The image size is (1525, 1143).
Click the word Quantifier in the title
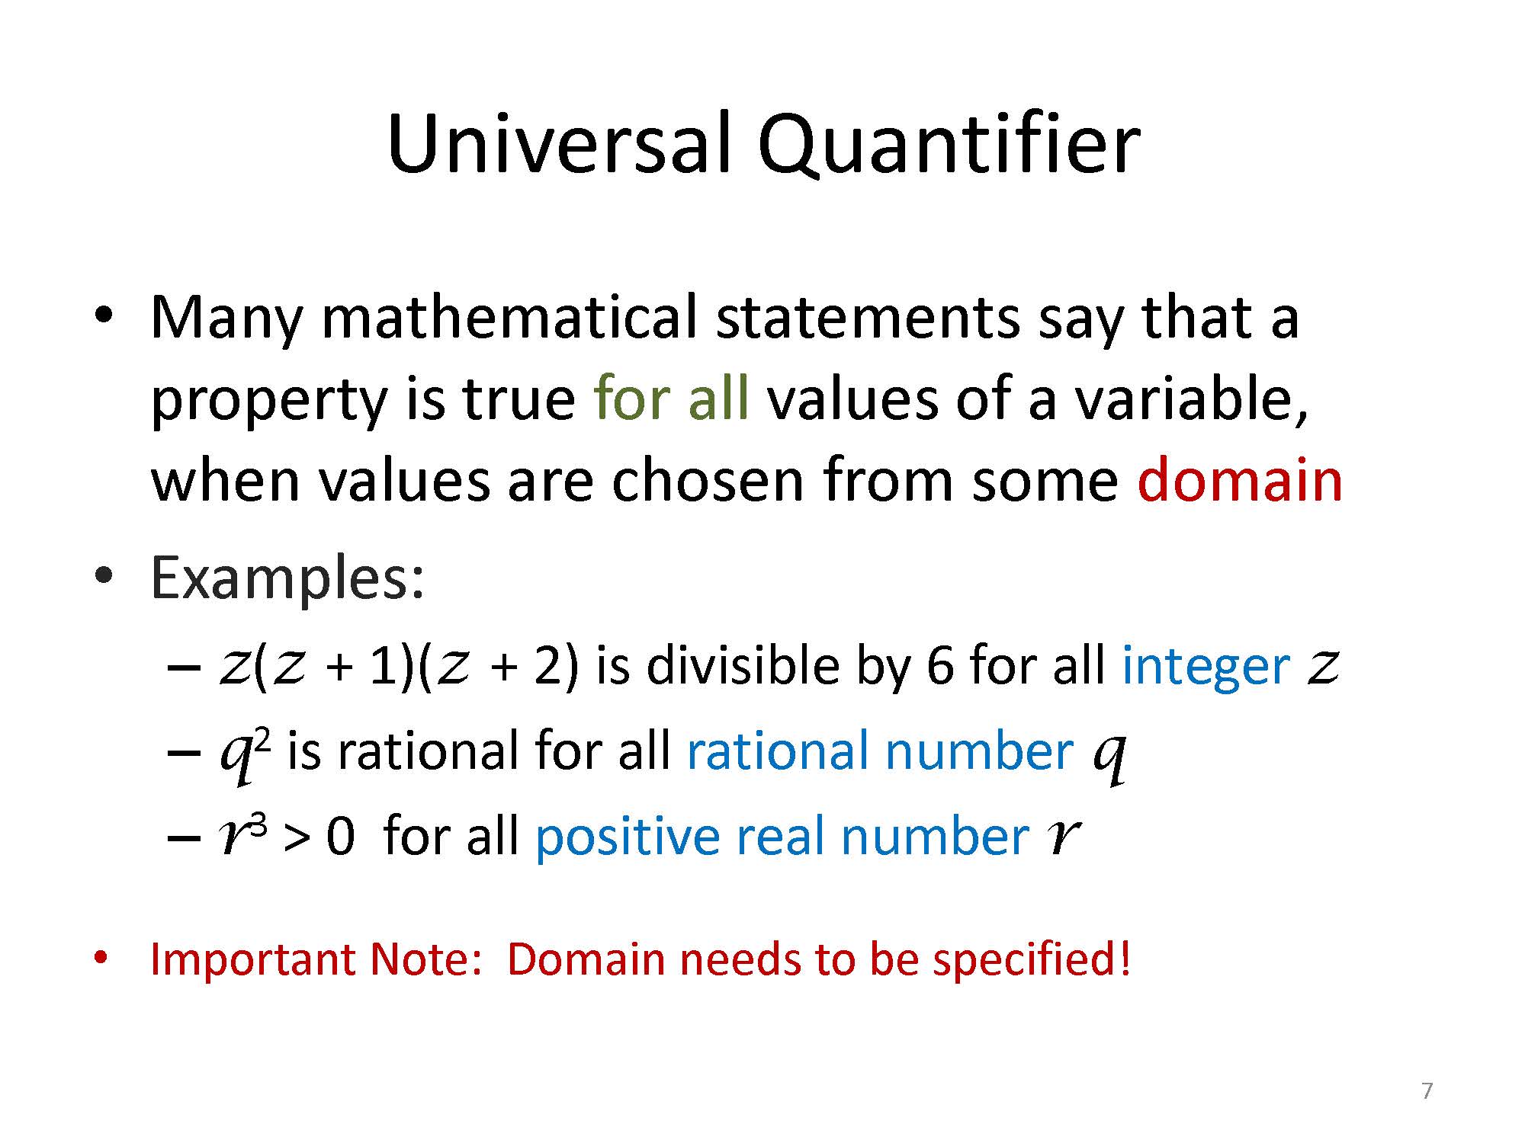pyautogui.click(x=948, y=146)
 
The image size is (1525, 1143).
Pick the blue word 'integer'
pyautogui.click(x=1206, y=666)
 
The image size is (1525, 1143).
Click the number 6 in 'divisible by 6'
pyautogui.click(x=939, y=666)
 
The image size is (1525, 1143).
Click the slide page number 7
pyautogui.click(x=1427, y=1091)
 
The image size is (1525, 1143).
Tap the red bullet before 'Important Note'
pyautogui.click(x=100, y=956)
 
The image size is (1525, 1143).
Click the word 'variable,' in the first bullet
pyautogui.click(x=1192, y=401)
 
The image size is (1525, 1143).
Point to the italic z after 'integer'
pyautogui.click(x=1324, y=668)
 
